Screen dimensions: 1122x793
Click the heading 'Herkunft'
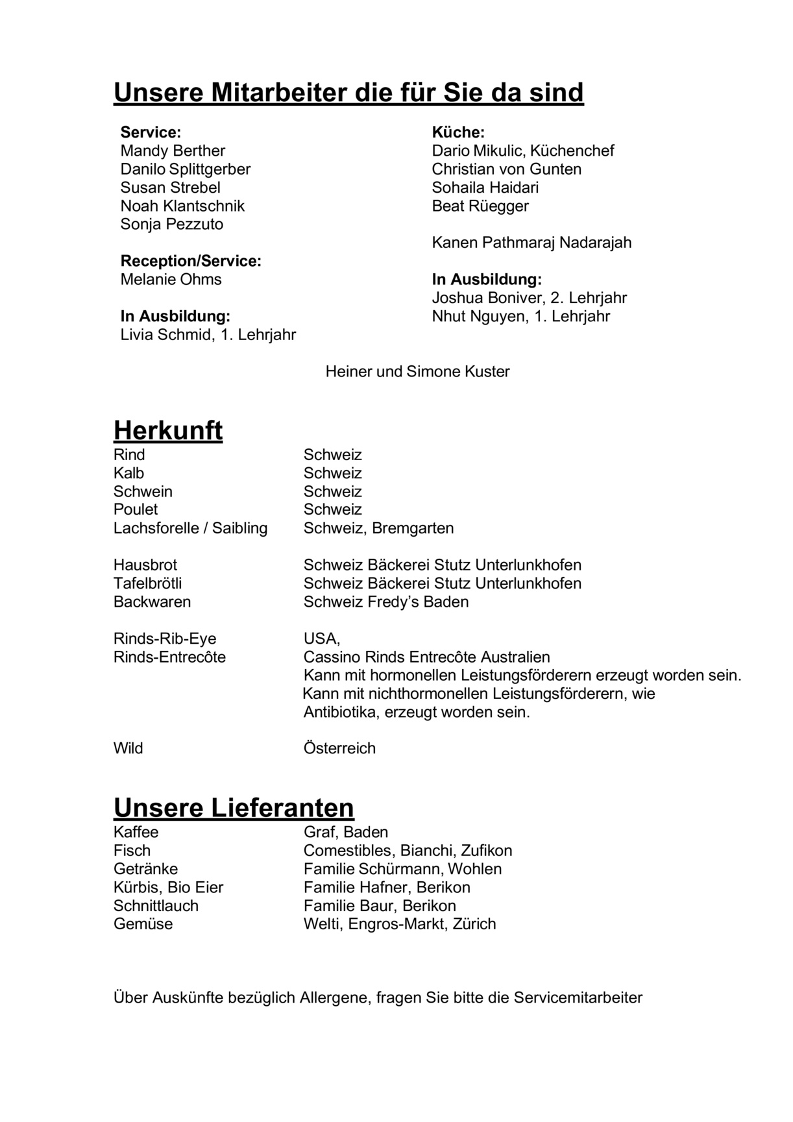click(x=168, y=430)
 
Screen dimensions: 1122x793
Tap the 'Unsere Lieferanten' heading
click(x=234, y=808)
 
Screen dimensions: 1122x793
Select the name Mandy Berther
click(x=173, y=151)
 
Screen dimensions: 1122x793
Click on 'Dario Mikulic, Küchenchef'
click(x=522, y=151)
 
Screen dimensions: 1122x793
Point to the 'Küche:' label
click(x=458, y=132)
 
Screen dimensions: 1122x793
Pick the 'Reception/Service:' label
click(x=191, y=261)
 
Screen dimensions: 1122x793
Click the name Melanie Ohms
click(x=171, y=280)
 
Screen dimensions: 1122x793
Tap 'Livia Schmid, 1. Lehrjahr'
click(x=208, y=335)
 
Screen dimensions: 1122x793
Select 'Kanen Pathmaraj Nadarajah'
click(x=531, y=243)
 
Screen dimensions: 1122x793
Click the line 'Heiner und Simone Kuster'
click(x=417, y=372)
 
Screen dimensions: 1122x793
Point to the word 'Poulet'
click(x=136, y=509)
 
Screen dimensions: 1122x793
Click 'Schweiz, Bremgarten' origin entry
click(x=378, y=528)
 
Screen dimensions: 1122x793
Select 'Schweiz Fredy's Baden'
click(x=385, y=602)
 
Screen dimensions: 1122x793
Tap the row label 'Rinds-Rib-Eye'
click(x=165, y=639)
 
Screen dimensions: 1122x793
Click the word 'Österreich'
click(x=339, y=748)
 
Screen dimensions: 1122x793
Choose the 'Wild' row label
click(x=128, y=748)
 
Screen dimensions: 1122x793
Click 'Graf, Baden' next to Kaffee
click(x=345, y=832)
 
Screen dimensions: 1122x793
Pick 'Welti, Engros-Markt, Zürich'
click(x=399, y=923)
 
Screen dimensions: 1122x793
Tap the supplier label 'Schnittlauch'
click(x=156, y=905)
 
